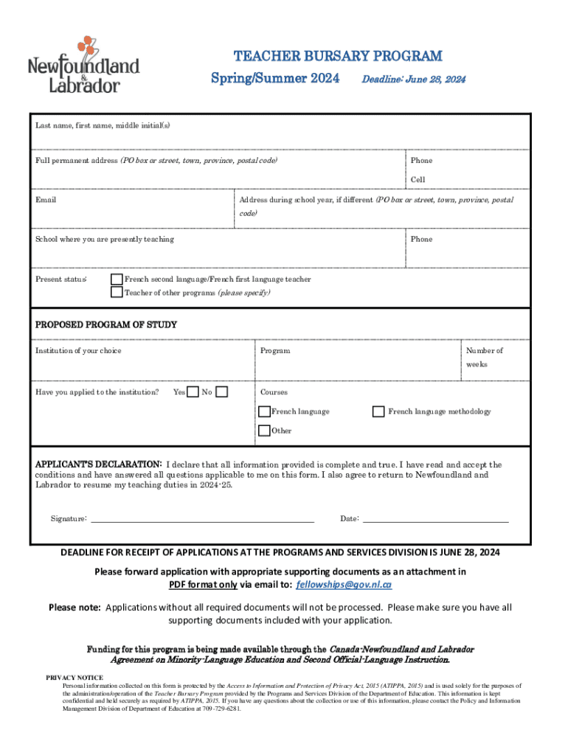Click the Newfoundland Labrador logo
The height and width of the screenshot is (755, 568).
point(83,66)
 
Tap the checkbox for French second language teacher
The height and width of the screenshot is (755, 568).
point(117,279)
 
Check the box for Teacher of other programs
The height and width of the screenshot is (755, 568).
point(117,293)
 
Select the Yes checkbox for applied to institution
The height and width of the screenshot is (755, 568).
point(193,392)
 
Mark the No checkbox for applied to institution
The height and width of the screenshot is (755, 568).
point(221,392)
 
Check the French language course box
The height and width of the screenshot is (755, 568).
point(264,411)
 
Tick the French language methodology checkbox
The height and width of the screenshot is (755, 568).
point(378,411)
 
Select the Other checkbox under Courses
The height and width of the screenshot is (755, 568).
point(264,431)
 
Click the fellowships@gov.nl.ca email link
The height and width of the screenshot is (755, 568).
point(344,585)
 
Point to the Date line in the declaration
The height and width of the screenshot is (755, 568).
point(436,520)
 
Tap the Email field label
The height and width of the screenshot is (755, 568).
point(46,200)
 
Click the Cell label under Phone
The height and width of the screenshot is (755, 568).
point(418,180)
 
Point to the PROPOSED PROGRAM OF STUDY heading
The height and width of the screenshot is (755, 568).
point(106,324)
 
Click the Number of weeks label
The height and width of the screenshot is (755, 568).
point(484,358)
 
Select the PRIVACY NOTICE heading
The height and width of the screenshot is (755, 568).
point(75,677)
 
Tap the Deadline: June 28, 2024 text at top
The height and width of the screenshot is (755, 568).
point(413,79)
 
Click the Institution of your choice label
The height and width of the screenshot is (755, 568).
point(78,351)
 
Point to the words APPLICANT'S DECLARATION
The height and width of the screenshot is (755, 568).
point(99,465)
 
